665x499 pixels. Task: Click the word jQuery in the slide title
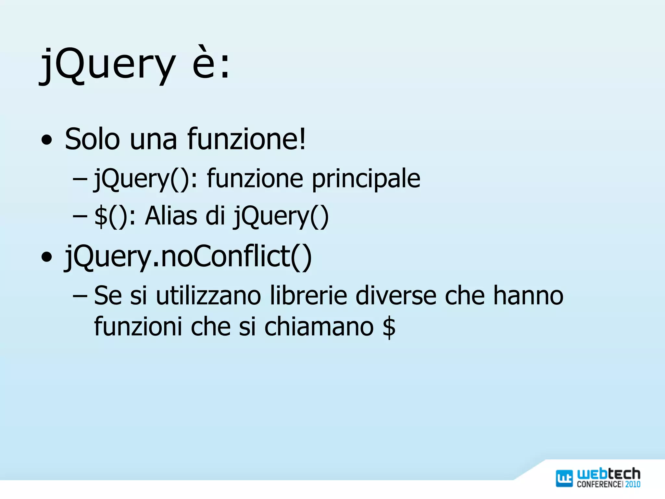tap(107, 65)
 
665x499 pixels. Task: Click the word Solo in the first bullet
tap(92, 139)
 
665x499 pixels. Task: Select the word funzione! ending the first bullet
tap(246, 139)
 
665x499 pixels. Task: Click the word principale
tap(366, 179)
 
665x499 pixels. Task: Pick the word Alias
tap(171, 216)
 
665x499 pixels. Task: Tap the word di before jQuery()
tap(215, 216)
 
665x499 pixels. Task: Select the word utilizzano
tap(208, 296)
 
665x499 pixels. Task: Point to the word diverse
tap(396, 296)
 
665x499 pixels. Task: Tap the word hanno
tap(528, 296)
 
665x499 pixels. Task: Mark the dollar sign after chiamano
tap(389, 327)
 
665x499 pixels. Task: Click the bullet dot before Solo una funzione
tap(47, 141)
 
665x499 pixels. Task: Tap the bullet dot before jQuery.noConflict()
tap(47, 258)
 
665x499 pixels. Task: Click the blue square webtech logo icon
tap(564, 478)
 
